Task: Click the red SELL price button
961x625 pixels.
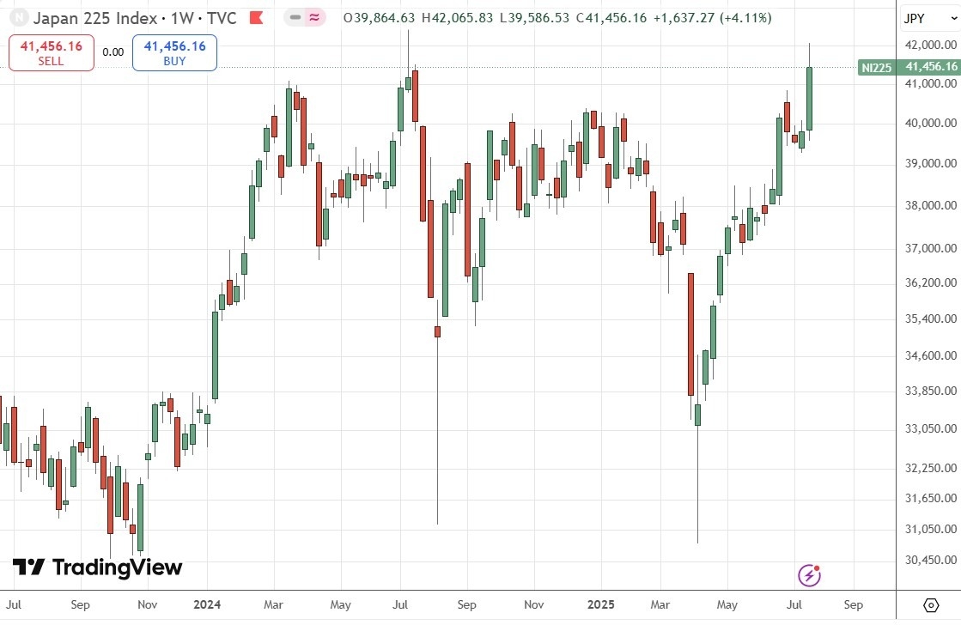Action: pos(52,52)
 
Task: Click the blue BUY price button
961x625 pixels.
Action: pos(174,52)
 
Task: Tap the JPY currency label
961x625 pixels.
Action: pos(914,17)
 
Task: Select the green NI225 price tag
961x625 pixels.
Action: pos(909,67)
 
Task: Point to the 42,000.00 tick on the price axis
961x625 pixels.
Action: pos(931,45)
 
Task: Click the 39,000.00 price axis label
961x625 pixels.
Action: pos(931,163)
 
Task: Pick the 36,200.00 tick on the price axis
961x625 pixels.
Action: pos(931,282)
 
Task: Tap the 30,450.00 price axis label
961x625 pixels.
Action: pos(931,560)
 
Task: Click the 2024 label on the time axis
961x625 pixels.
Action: pos(206,604)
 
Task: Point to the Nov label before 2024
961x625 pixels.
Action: pos(147,604)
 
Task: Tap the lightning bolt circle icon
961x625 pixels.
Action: pos(810,574)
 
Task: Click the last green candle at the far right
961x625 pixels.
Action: pos(809,98)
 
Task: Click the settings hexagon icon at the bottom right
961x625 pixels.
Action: pos(930,604)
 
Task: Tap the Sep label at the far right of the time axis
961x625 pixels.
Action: pos(855,604)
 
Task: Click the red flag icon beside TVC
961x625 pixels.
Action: pos(255,17)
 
